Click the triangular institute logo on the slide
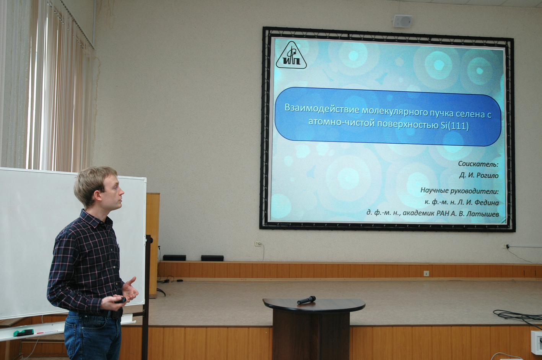click(291, 55)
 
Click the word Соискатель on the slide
click(478, 164)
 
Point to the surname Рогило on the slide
click(487, 175)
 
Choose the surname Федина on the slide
click(487, 203)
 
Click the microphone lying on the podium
click(306, 300)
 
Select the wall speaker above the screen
click(402, 21)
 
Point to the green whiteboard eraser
click(23, 333)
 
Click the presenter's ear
click(98, 195)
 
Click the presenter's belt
click(114, 314)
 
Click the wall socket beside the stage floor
click(426, 274)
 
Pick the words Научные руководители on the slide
click(460, 191)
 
